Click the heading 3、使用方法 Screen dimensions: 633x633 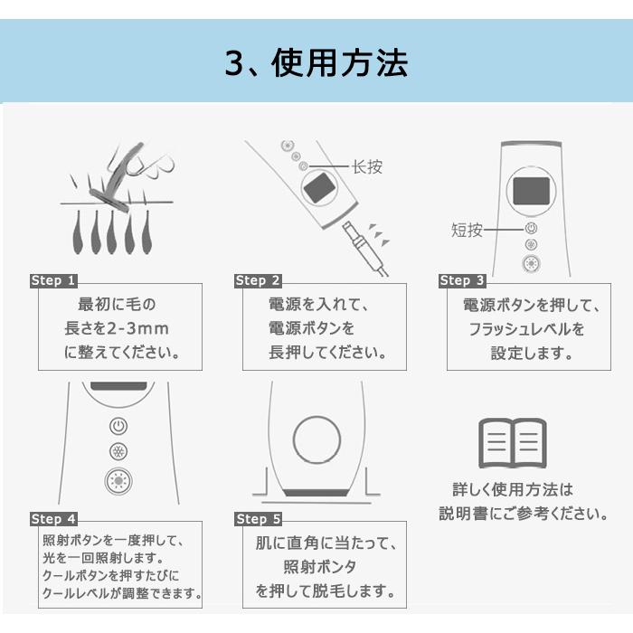[x=316, y=63]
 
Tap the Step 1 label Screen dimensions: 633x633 [x=53, y=280]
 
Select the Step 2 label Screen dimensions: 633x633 [x=258, y=280]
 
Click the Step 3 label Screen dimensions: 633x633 [x=462, y=280]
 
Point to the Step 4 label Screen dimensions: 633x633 [x=53, y=519]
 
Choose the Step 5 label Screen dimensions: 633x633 [x=258, y=519]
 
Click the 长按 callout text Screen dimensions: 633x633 [x=367, y=166]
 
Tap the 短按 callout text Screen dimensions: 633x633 [x=467, y=230]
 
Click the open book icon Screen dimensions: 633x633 [x=513, y=443]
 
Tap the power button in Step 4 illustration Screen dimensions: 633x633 [x=118, y=426]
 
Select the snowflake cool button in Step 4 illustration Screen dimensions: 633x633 [x=118, y=451]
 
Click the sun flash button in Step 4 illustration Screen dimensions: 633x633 [x=118, y=481]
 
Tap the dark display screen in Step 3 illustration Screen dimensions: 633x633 [x=532, y=191]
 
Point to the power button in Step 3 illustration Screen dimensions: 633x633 [x=531, y=229]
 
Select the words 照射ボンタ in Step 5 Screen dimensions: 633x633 [x=320, y=567]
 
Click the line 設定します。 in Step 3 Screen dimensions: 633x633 [x=532, y=354]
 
